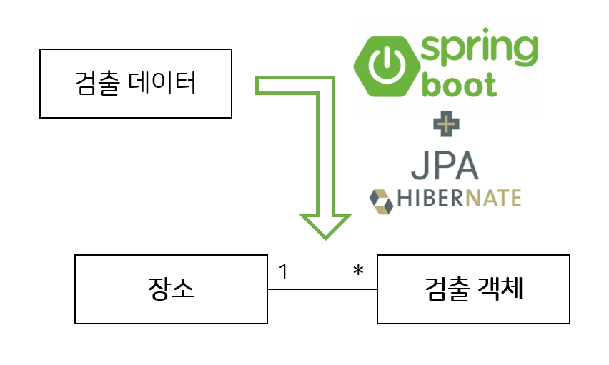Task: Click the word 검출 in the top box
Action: (x=97, y=83)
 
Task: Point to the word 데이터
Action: (x=162, y=83)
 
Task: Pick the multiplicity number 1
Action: (x=284, y=271)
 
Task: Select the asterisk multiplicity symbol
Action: (x=358, y=270)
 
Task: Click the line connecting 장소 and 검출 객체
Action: (x=322, y=289)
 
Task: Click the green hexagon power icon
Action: (x=387, y=66)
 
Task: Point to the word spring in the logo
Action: (x=479, y=48)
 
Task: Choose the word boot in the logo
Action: (x=460, y=84)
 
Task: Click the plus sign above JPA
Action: (x=446, y=124)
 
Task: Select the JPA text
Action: (x=445, y=166)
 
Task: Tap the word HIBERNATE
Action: (x=459, y=198)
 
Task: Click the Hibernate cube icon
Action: (x=381, y=201)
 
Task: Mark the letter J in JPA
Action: (x=419, y=166)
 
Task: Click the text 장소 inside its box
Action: (x=171, y=289)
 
